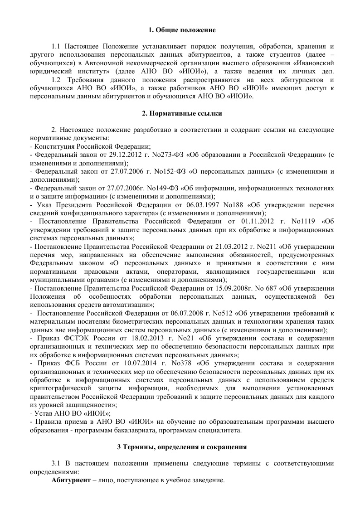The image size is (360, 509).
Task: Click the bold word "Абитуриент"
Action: point(70,480)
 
